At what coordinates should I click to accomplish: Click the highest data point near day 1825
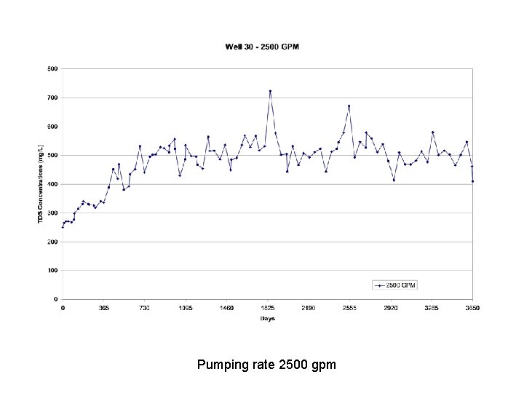(270, 92)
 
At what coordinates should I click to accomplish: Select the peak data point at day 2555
(349, 106)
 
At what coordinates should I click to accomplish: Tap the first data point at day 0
(63, 227)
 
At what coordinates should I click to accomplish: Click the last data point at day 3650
(472, 181)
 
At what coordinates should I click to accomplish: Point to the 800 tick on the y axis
(52, 69)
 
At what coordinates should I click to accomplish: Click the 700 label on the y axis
(52, 98)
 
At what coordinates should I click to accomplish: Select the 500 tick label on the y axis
(52, 156)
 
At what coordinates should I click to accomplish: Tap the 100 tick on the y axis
(52, 271)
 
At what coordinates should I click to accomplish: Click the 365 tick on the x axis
(103, 309)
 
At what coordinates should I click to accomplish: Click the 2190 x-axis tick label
(308, 309)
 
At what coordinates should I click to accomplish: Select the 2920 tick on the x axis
(390, 309)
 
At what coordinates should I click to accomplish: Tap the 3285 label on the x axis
(432, 309)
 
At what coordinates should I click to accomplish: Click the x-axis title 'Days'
(267, 319)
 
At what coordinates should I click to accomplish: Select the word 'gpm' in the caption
(323, 365)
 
